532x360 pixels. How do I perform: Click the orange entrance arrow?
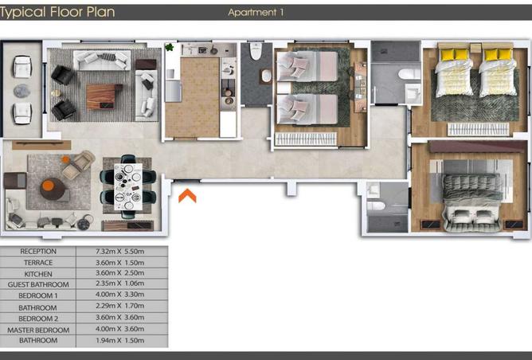(187, 196)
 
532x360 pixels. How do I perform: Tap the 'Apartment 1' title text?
(256, 13)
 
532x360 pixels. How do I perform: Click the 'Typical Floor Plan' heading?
(57, 12)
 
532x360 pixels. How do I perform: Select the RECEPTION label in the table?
(38, 252)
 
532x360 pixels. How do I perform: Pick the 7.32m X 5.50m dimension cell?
(119, 252)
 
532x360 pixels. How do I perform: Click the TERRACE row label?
(38, 263)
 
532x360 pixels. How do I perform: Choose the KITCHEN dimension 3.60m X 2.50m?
(119, 273)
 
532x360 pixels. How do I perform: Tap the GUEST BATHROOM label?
(38, 284)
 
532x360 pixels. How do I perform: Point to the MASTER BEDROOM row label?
(38, 330)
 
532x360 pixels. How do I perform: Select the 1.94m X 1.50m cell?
(119, 340)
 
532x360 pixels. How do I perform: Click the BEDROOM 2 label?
(38, 319)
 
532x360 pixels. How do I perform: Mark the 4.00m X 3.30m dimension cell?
(119, 294)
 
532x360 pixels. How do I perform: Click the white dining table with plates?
(128, 186)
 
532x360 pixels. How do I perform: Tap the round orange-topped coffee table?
(53, 189)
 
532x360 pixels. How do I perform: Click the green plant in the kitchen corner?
(170, 47)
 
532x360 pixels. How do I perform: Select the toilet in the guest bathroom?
(256, 51)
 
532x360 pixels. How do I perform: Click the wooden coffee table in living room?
(104, 96)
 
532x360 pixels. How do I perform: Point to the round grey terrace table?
(22, 91)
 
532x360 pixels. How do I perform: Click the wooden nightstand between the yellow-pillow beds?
(475, 48)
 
